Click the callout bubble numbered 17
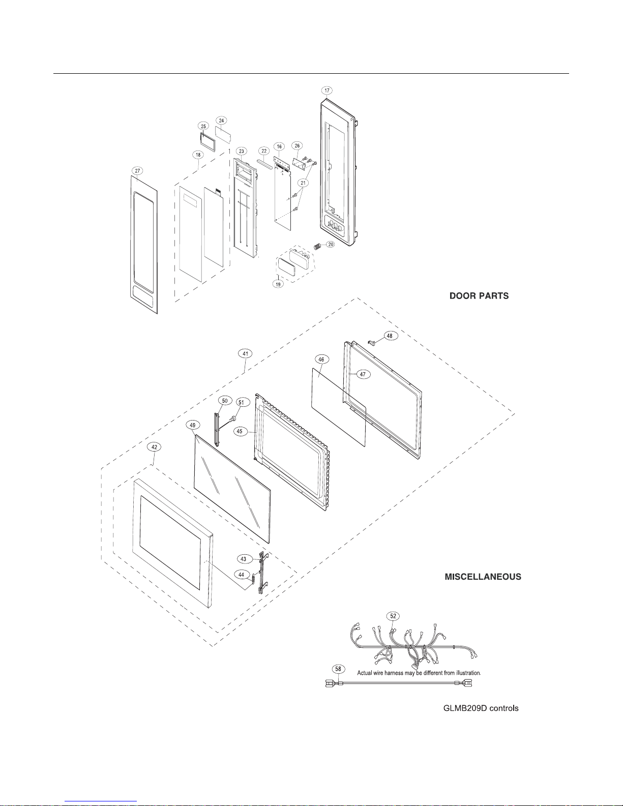point(327,91)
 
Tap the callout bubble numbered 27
point(138,171)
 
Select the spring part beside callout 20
point(317,246)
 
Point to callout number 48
point(390,336)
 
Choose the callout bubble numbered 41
point(245,354)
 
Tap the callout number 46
point(321,359)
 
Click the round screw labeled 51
point(233,419)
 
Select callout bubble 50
point(225,401)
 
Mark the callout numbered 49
point(193,425)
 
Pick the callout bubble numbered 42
point(154,447)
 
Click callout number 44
point(242,575)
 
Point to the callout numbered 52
point(393,616)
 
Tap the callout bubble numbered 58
point(338,669)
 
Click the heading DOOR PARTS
point(479,296)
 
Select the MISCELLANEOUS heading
point(483,577)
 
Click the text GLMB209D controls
point(481,708)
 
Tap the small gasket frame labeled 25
point(209,142)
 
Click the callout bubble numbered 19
point(278,284)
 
